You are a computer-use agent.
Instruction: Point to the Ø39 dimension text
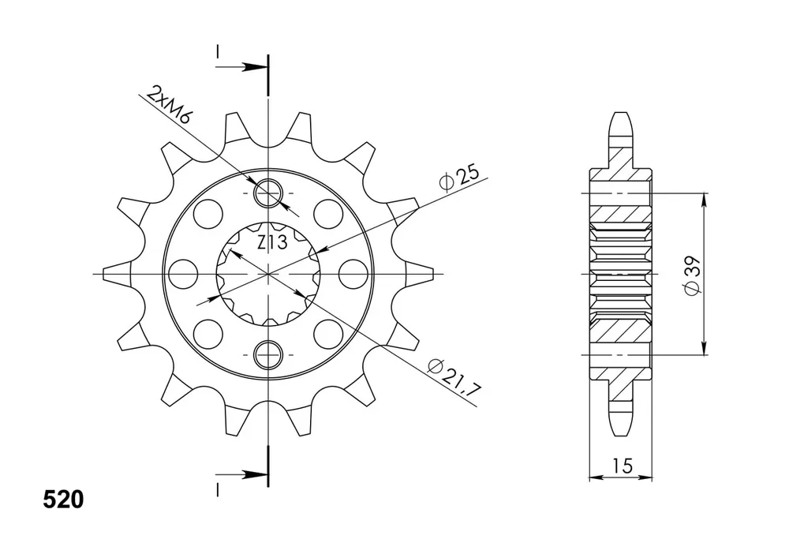[693, 275]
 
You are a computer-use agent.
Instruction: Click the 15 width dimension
[623, 466]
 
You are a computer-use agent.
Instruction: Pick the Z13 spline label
[272, 242]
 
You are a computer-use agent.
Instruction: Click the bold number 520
[63, 500]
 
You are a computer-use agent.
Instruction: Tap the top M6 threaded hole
[269, 193]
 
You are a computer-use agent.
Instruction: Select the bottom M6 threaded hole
[269, 355]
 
